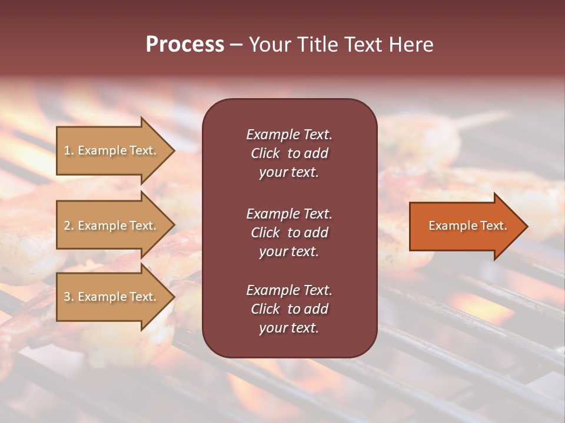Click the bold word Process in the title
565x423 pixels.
[185, 45]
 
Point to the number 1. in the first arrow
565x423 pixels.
[69, 151]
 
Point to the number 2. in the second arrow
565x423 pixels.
[69, 226]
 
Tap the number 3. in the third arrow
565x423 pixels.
[69, 297]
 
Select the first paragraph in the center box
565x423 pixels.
[289, 153]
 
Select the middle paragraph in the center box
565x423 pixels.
[289, 232]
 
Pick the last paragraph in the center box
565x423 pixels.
[289, 309]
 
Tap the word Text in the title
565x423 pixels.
[366, 45]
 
